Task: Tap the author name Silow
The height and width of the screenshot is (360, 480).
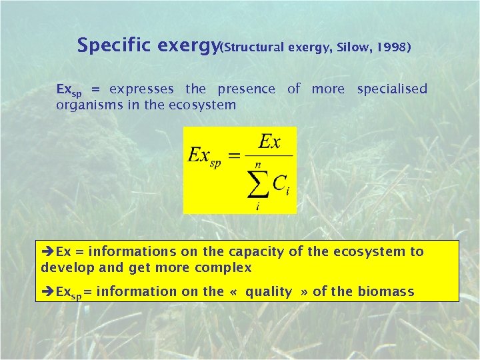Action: (x=351, y=47)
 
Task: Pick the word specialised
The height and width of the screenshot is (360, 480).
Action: (x=392, y=89)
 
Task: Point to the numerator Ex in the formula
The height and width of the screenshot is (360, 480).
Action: (x=269, y=142)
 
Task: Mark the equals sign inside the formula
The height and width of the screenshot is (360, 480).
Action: (x=235, y=157)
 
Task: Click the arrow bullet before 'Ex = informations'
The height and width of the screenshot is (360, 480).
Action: (x=48, y=252)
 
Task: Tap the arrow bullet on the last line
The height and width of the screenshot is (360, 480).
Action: (x=48, y=292)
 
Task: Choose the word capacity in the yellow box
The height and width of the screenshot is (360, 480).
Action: (x=253, y=252)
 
